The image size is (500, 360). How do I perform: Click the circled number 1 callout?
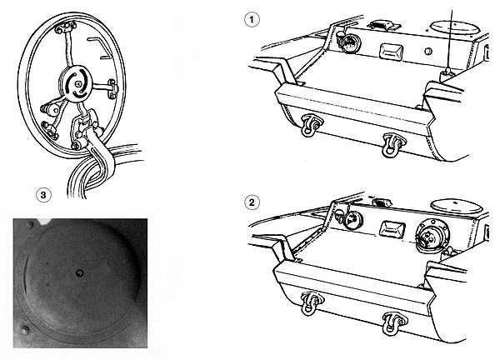(x=252, y=19)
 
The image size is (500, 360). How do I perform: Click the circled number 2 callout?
(x=252, y=202)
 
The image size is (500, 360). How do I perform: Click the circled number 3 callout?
(x=43, y=194)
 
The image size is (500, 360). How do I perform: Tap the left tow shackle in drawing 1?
(x=311, y=125)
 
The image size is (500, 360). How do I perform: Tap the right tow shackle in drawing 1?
(x=393, y=145)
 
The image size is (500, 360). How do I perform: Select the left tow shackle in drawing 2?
(x=311, y=303)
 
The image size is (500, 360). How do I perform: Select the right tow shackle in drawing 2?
(x=394, y=323)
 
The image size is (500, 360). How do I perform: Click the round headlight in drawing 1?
(x=351, y=43)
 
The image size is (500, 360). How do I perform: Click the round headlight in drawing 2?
(x=353, y=220)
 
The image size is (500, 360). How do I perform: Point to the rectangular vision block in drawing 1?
(x=392, y=52)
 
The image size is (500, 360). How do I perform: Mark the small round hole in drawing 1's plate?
(x=428, y=52)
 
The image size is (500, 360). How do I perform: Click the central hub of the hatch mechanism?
(x=76, y=84)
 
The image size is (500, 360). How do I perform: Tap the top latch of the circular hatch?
(x=66, y=27)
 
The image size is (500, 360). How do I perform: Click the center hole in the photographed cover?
(x=79, y=272)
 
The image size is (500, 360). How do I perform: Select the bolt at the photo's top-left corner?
(x=30, y=224)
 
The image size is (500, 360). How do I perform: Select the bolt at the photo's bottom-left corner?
(x=24, y=330)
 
